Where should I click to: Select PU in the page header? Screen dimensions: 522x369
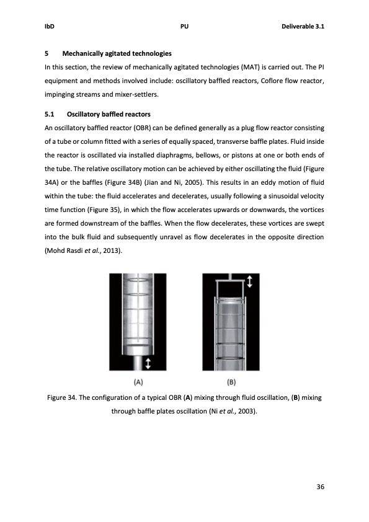point(184,27)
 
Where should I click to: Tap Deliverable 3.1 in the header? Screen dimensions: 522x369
point(304,27)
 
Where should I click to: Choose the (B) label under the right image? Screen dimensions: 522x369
point(236,382)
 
